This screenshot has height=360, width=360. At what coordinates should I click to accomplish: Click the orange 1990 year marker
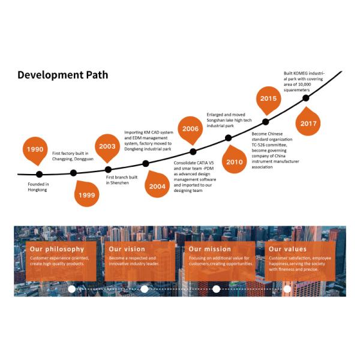pyautogui.click(x=35, y=150)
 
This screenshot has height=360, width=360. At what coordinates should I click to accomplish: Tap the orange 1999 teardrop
pyautogui.click(x=87, y=194)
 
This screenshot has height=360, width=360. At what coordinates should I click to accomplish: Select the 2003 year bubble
pyautogui.click(x=107, y=147)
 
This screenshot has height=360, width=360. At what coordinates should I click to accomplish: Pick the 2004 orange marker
pyautogui.click(x=157, y=185)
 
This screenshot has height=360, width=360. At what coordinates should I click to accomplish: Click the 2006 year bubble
pyautogui.click(x=190, y=130)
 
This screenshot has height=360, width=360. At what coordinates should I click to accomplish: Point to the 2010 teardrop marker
pyautogui.click(x=235, y=160)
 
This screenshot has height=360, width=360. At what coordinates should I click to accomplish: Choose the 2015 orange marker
pyautogui.click(x=268, y=100)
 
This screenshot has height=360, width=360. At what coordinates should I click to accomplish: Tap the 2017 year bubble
pyautogui.click(x=308, y=122)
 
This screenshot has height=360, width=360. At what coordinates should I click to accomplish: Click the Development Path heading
pyautogui.click(x=62, y=75)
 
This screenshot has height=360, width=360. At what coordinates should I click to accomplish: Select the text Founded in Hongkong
pyautogui.click(x=38, y=187)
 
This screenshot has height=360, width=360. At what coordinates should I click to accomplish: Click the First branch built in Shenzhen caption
pyautogui.click(x=121, y=180)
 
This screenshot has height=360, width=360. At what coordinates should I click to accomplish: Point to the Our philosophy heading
pyautogui.click(x=57, y=249)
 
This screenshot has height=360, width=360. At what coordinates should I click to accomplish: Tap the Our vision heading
pyautogui.click(x=127, y=249)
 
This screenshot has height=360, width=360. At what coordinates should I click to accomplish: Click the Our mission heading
pyautogui.click(x=209, y=249)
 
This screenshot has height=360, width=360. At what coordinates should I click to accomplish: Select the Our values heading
pyautogui.click(x=287, y=249)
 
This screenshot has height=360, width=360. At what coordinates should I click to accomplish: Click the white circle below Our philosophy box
pyautogui.click(x=71, y=289)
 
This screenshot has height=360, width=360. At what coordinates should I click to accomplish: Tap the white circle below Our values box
pyautogui.click(x=287, y=289)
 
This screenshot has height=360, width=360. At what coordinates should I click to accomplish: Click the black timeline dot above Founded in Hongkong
pyautogui.click(x=39, y=174)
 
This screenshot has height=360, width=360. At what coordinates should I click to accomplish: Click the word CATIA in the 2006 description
pyautogui.click(x=202, y=163)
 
